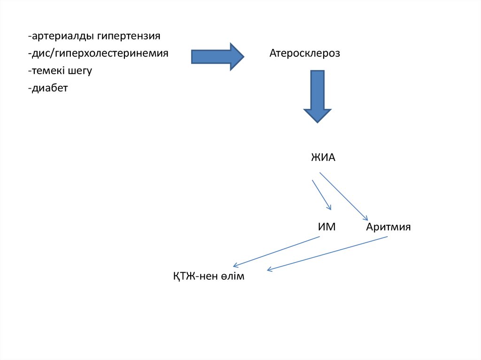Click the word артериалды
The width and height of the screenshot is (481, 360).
[61, 36]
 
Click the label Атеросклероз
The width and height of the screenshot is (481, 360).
[304, 54]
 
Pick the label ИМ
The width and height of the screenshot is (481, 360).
[327, 228]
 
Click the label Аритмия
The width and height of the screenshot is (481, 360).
[388, 228]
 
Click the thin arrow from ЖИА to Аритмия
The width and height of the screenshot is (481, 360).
[343, 196]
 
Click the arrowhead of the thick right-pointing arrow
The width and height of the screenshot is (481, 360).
[236, 57]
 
